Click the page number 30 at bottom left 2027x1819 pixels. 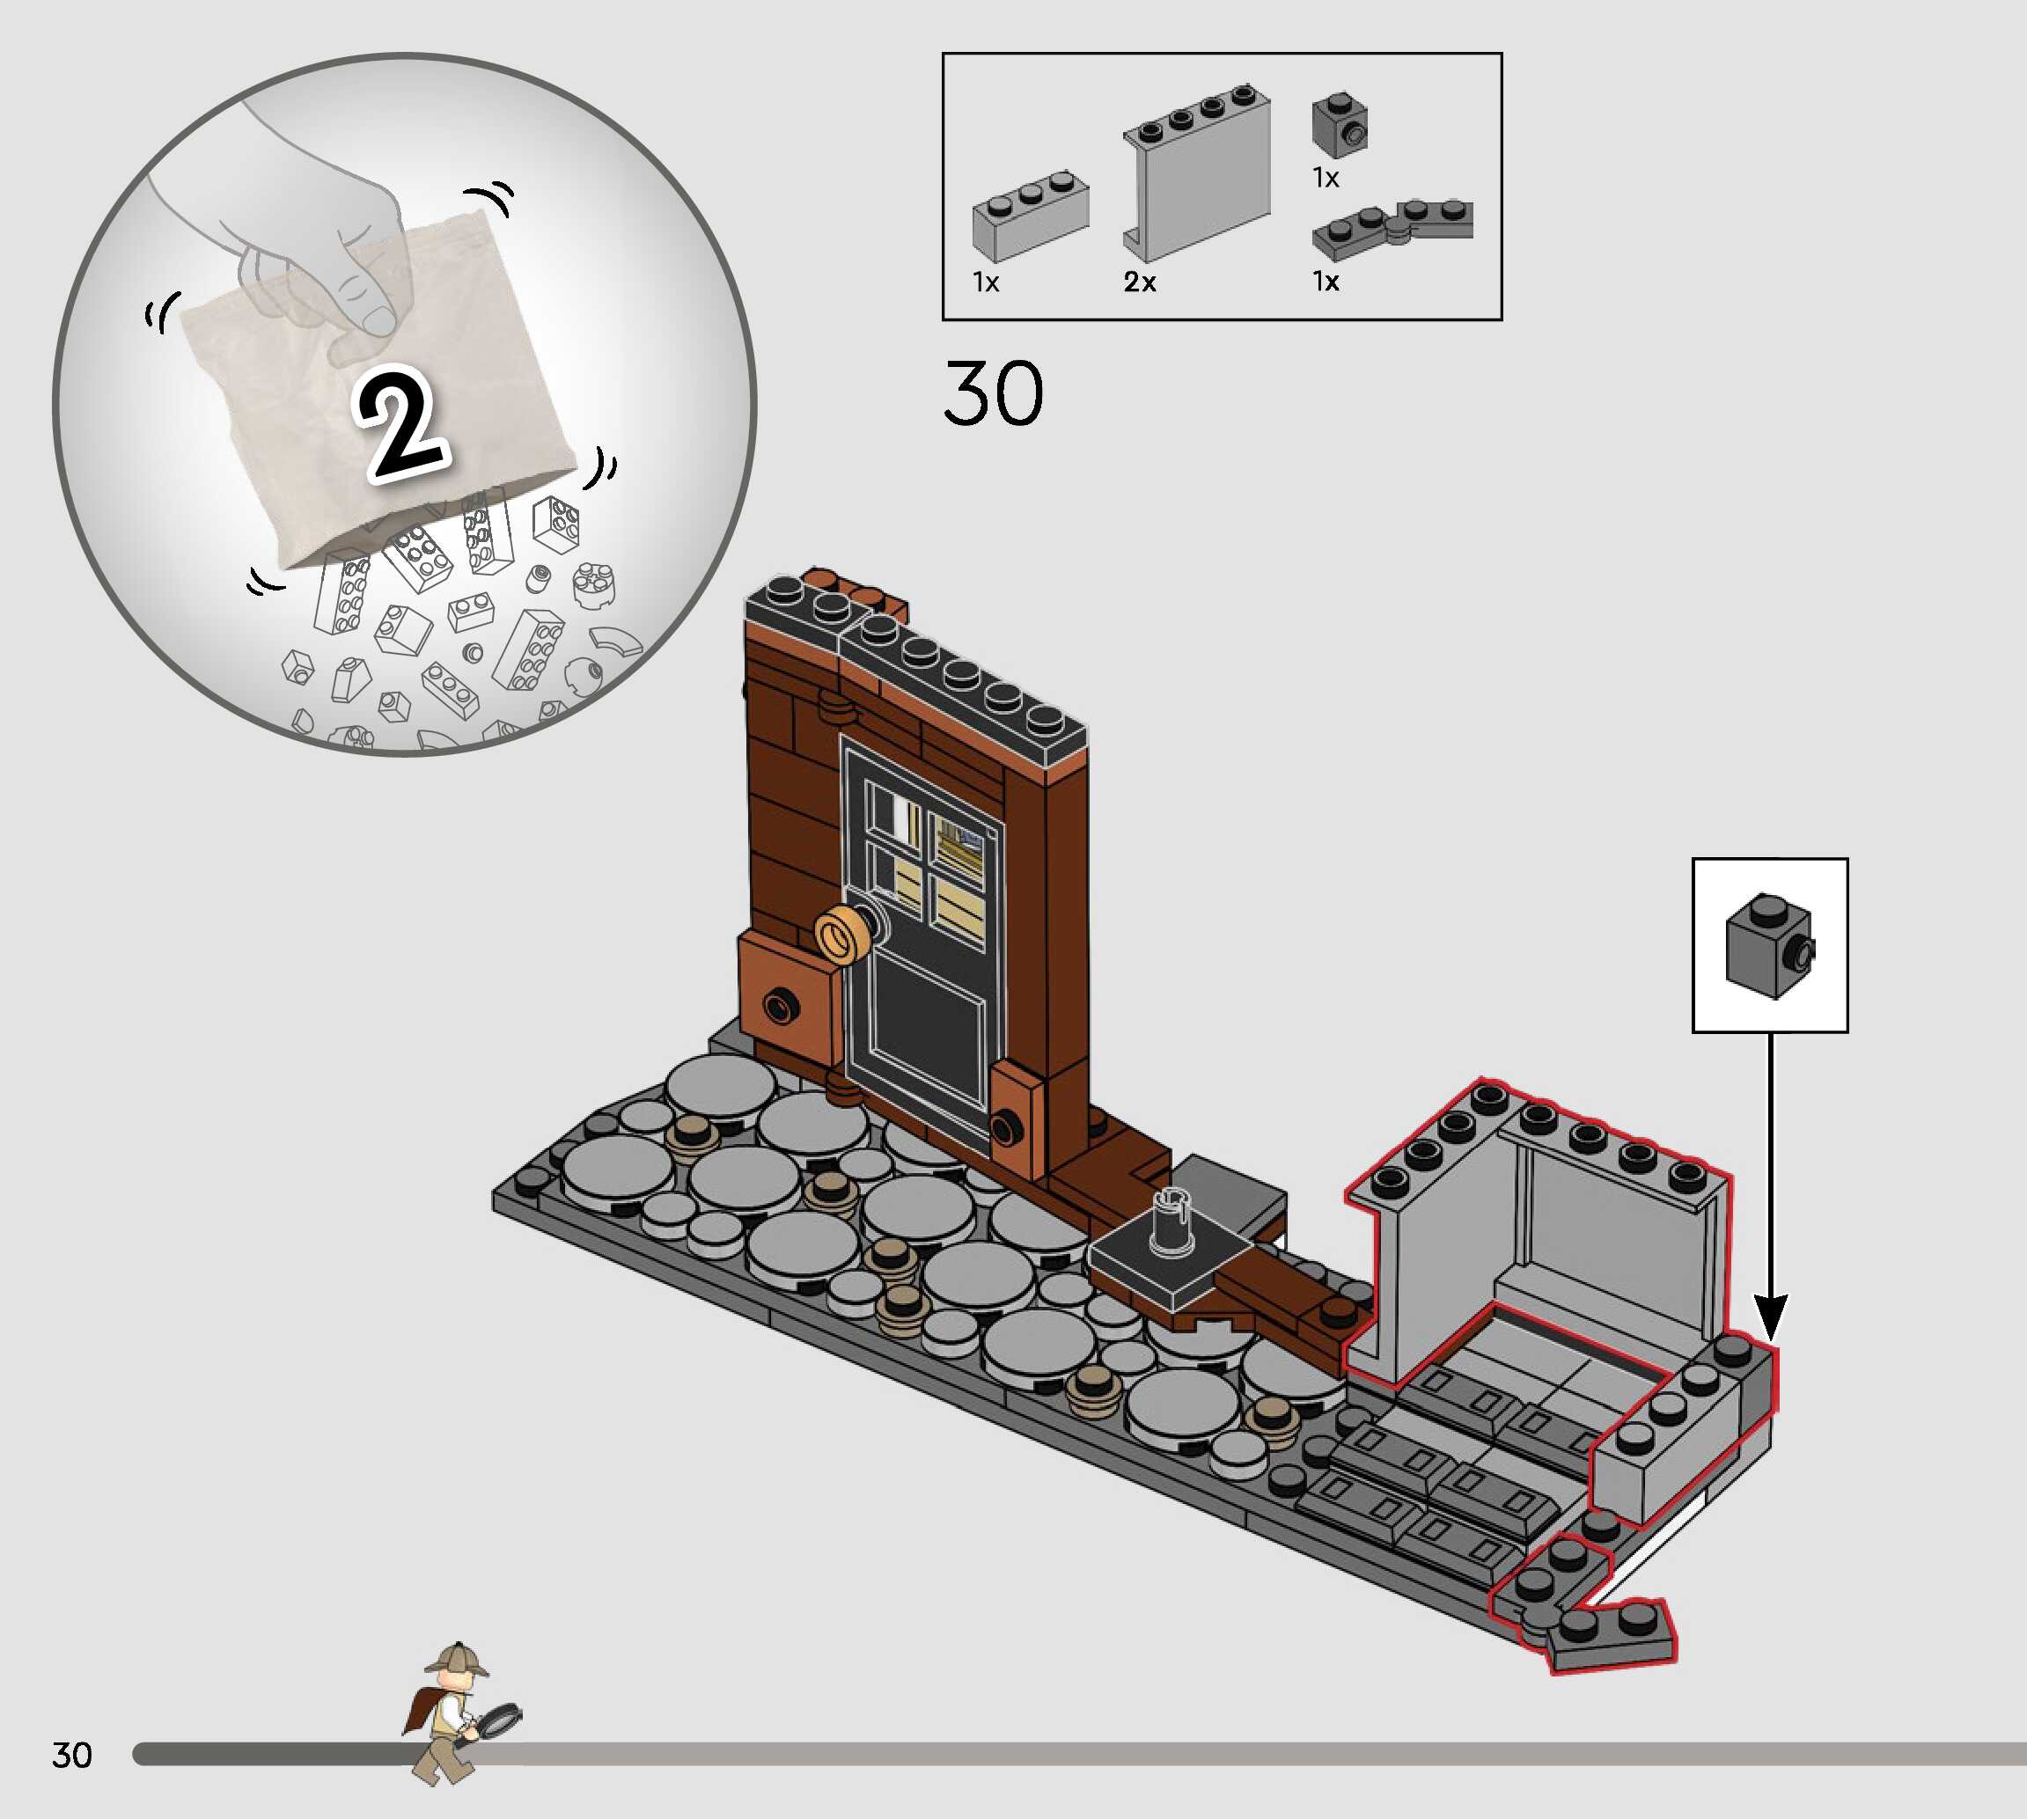[x=72, y=1756]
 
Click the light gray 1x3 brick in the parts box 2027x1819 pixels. [x=1030, y=216]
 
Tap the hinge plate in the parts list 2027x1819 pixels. [x=1392, y=230]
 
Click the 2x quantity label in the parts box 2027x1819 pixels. [x=1140, y=282]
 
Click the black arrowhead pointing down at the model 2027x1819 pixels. [x=1771, y=1317]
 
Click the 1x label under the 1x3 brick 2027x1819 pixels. [x=986, y=282]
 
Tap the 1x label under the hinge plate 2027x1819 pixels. [x=1326, y=282]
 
